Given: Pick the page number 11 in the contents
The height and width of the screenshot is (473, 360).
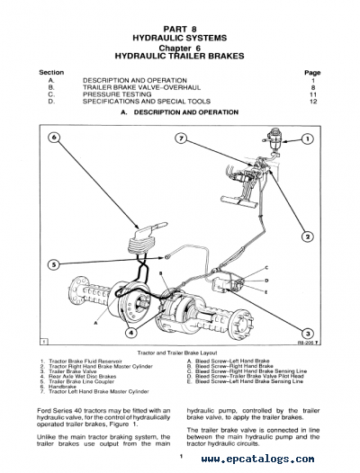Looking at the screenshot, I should (313, 94).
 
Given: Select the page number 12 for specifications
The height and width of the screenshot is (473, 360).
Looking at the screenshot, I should (313, 101).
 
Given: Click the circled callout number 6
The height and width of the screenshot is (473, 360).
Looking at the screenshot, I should (53, 138).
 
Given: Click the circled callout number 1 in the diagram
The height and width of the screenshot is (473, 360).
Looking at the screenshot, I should (307, 138).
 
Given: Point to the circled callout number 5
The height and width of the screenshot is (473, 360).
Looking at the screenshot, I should (53, 264).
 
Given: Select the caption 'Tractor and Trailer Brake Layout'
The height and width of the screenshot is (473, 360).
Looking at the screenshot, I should (179, 353).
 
